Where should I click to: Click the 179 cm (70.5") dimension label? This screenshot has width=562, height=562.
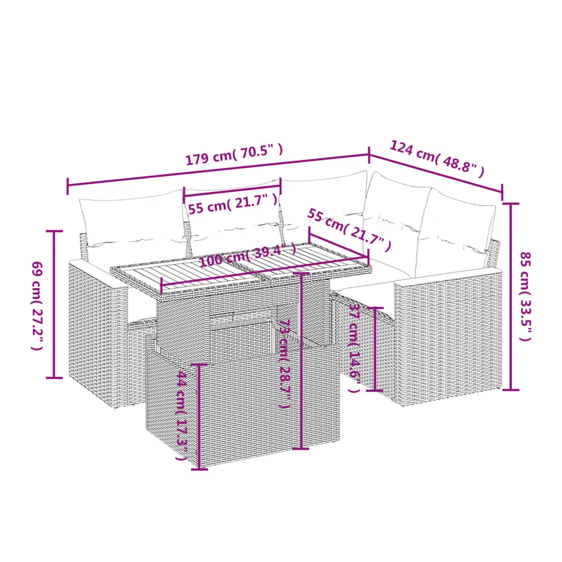(234, 154)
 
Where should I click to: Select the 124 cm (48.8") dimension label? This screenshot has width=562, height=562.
(437, 159)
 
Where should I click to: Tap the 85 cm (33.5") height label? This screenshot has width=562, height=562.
(525, 296)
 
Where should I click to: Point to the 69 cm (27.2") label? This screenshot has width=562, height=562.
(37, 306)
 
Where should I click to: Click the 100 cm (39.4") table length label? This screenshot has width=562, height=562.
(248, 255)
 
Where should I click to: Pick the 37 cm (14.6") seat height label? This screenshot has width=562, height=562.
(355, 348)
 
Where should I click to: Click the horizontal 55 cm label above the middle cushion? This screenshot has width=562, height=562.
(233, 203)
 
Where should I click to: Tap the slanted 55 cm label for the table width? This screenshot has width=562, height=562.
(349, 229)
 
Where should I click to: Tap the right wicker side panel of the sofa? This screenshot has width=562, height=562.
(448, 337)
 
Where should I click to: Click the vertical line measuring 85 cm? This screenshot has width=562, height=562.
(511, 296)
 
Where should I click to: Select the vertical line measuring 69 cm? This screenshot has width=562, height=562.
(54, 305)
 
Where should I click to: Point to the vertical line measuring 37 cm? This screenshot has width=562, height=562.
(374, 349)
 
